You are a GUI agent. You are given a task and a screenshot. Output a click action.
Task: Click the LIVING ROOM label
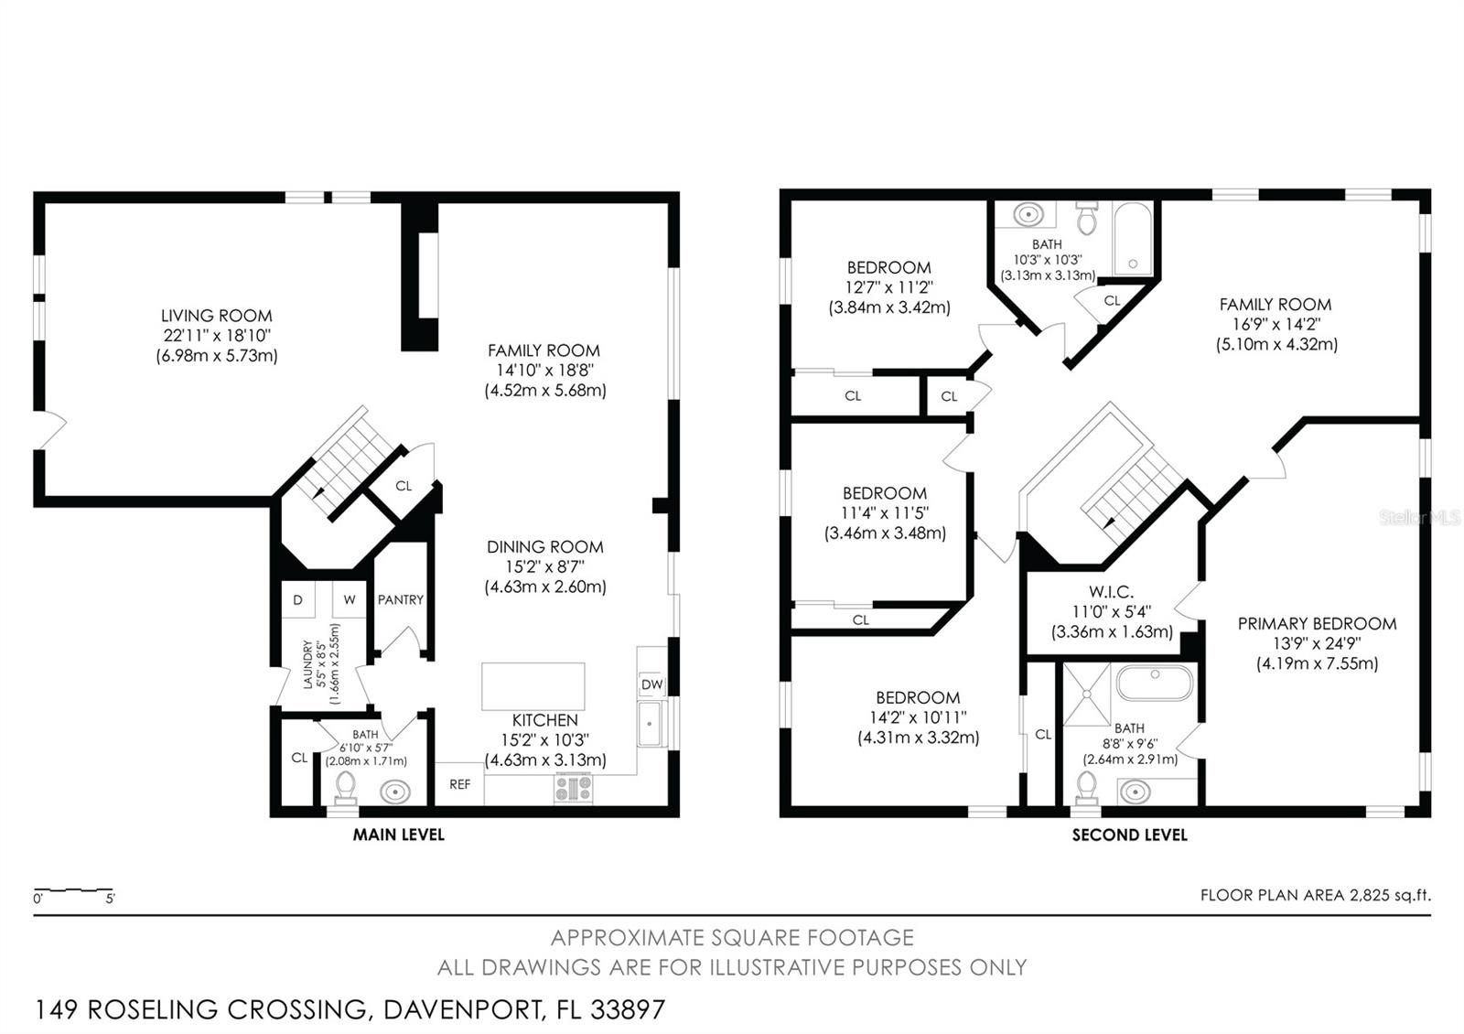217,316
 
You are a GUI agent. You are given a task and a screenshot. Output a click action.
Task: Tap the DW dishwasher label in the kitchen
651,684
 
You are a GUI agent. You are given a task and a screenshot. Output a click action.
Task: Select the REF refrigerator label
459,784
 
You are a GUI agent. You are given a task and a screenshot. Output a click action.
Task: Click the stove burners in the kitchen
574,788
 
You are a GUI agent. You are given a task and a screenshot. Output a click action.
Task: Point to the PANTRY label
401,599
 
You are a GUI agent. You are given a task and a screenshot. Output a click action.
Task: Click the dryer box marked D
297,600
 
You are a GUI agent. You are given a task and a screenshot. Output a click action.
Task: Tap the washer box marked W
349,600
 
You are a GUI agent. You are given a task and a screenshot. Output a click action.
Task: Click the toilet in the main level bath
345,788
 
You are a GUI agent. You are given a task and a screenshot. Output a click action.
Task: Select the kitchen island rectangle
533,686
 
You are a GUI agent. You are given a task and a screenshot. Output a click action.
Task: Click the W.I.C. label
1112,592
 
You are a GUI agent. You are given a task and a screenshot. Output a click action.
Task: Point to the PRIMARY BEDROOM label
1317,623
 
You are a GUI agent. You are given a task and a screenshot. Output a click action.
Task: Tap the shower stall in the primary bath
1087,694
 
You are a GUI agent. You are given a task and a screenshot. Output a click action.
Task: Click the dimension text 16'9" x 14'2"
1276,324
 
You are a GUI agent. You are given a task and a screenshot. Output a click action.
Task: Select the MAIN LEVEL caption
399,835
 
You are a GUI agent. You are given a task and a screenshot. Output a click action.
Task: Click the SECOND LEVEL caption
1129,835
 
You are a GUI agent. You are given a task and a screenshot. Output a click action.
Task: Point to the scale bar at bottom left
73,889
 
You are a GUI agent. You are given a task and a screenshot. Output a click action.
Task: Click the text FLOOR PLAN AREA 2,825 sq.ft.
1315,895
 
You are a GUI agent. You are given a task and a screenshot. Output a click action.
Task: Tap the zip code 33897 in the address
628,1009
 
